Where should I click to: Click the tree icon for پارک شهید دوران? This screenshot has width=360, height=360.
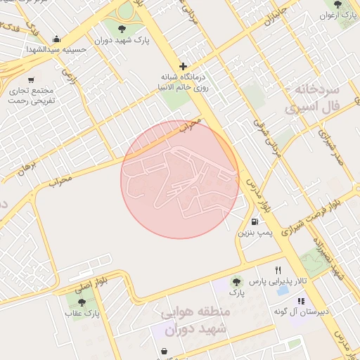click(123, 29)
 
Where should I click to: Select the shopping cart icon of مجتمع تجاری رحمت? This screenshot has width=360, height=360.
click(31, 80)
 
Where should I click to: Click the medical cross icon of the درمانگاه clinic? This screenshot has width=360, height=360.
click(183, 66)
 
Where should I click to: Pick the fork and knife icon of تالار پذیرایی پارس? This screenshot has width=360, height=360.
click(278, 270)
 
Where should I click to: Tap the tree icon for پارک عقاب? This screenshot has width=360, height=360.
click(82, 303)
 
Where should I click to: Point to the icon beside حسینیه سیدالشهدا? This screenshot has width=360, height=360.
click(56, 39)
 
